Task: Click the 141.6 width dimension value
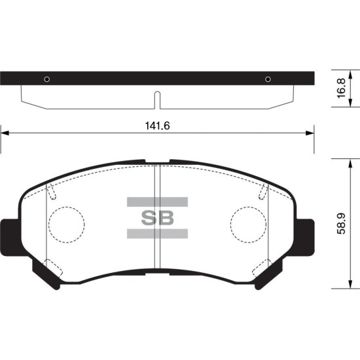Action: (157, 126)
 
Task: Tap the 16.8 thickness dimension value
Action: (342, 88)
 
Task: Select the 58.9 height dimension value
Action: (342, 224)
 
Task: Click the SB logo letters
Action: (157, 218)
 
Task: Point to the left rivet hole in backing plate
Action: (47, 79)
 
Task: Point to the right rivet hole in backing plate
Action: (268, 79)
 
